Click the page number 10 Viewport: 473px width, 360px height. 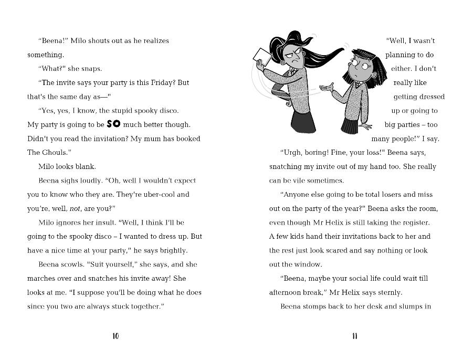tap(115, 336)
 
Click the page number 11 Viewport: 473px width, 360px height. tap(355, 336)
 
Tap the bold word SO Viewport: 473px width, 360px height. tap(113, 124)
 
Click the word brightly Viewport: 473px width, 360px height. tap(171, 250)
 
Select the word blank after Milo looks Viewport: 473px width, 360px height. tap(85, 167)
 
